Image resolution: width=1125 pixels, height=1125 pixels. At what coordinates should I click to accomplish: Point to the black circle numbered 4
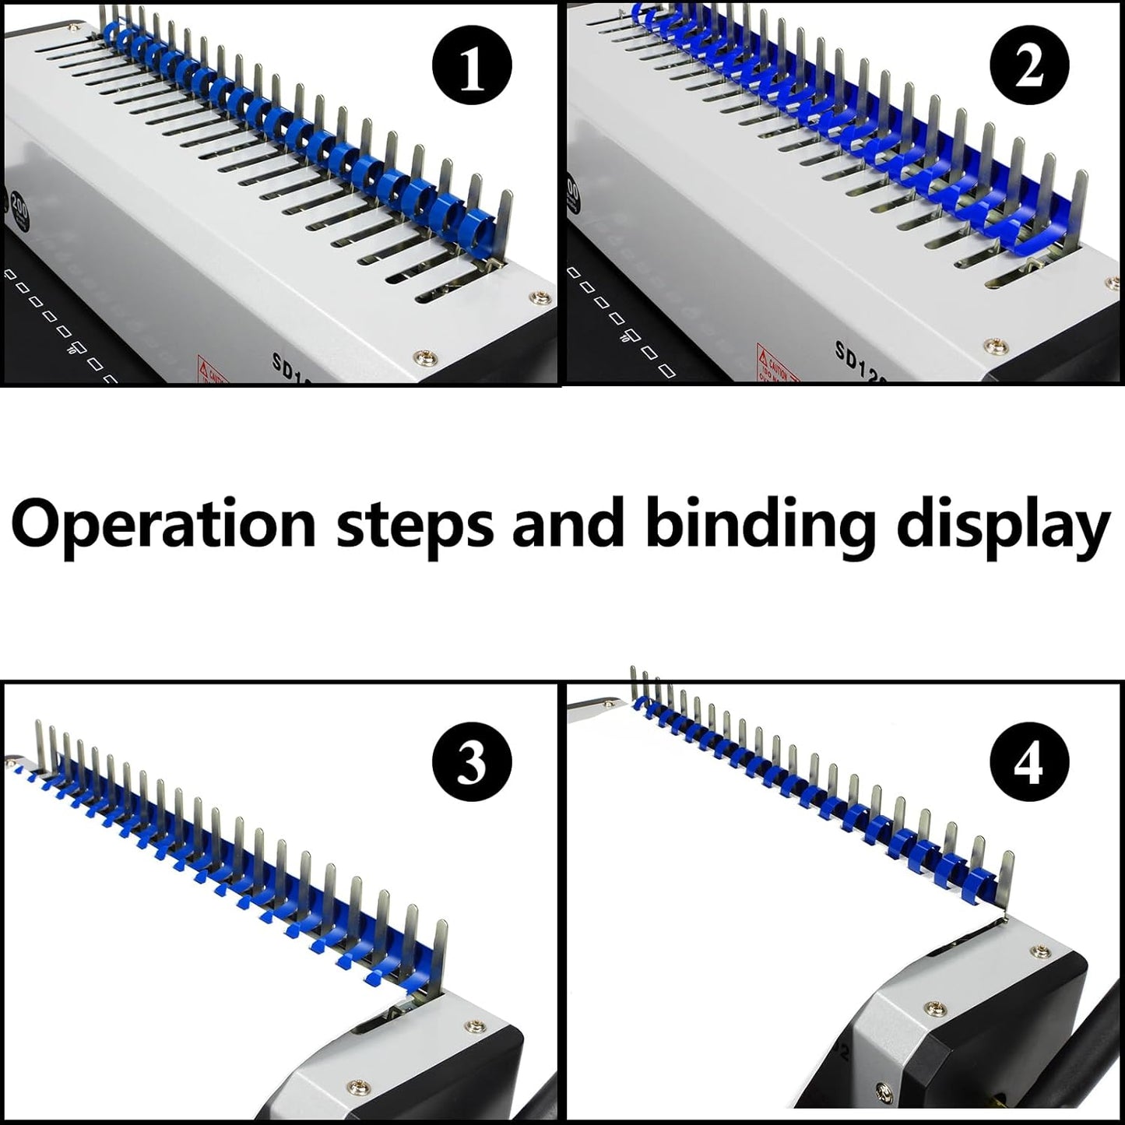[x=1029, y=764]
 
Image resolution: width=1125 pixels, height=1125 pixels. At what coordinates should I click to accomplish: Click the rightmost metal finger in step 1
[x=507, y=226]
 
